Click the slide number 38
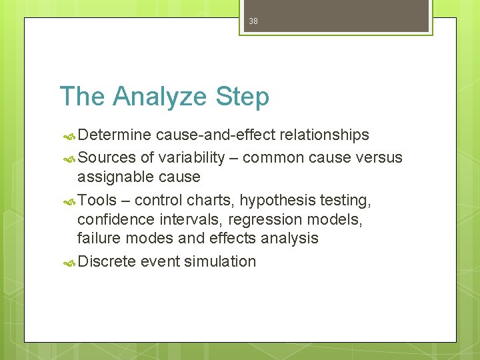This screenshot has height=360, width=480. tap(253, 21)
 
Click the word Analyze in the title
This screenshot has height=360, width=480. tap(159, 97)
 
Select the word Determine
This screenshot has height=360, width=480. tap(115, 135)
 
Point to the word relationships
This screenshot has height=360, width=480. tap(324, 135)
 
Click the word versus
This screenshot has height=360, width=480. tap(379, 158)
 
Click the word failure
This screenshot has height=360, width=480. tap(99, 238)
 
